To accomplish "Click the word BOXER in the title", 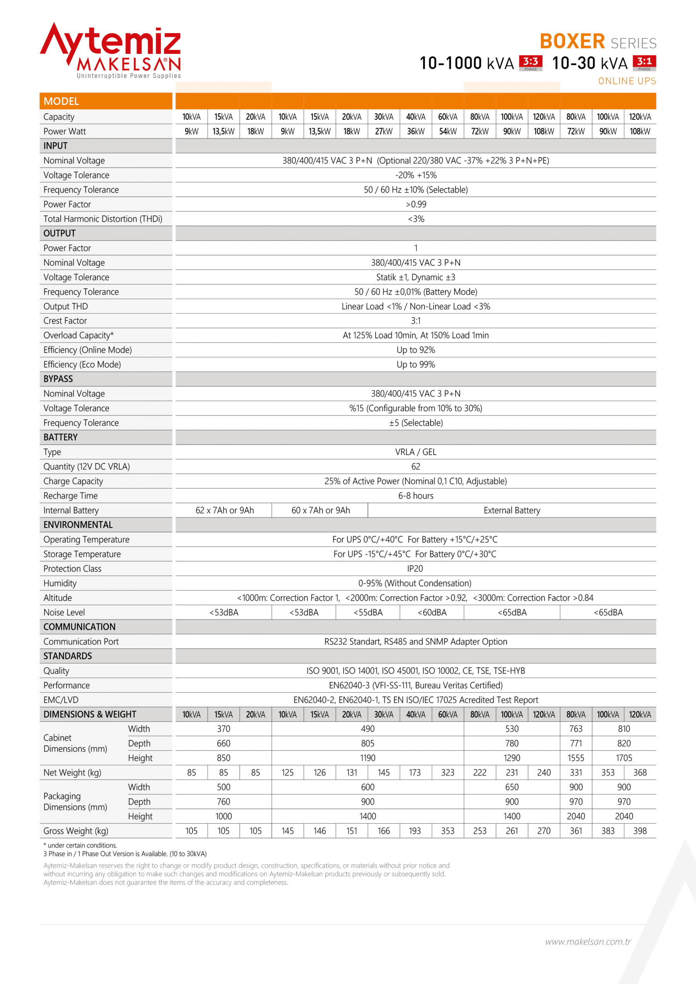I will pos(572,42).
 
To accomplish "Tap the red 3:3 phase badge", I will pos(531,63).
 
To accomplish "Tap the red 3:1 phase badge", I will pos(644,63).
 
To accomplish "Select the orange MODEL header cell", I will pos(105,101).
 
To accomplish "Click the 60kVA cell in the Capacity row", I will pos(448,117).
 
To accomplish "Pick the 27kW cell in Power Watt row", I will pos(383,131).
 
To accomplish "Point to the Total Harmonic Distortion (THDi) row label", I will pos(103,219).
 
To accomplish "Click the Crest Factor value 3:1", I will pos(416,321).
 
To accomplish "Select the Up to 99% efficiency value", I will pos(416,364).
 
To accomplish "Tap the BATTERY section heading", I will pos(61,437).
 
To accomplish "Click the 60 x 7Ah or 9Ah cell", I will pos(320,510).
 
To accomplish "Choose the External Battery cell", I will pos(511,510).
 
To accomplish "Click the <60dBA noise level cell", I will pos(432,612).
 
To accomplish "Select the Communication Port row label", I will pos(81,642).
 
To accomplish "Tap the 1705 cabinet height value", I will pos(624,758).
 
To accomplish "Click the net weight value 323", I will pos(448,772).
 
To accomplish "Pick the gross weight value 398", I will pos(640,831).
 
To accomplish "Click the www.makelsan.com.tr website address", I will pos(588,942).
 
